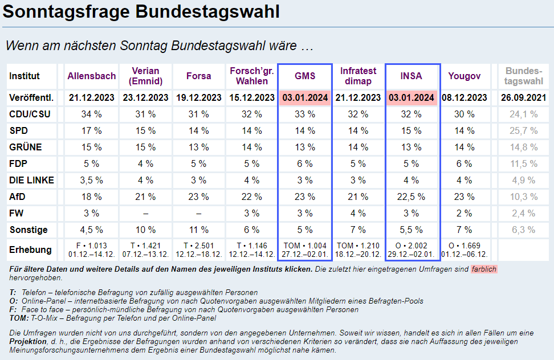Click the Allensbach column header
(92, 76)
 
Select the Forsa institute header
(198, 76)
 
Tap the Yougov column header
(465, 76)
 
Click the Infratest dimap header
(359, 76)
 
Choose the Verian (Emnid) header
(145, 76)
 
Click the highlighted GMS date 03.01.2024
(305, 97)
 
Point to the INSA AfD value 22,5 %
(412, 197)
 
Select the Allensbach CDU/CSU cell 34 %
(92, 114)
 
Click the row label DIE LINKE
(32, 180)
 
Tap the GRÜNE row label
(26, 147)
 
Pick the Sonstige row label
(28, 230)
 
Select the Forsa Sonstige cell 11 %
(198, 230)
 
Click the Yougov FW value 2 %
(465, 213)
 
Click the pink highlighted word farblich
(484, 269)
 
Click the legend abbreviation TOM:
(19, 317)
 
